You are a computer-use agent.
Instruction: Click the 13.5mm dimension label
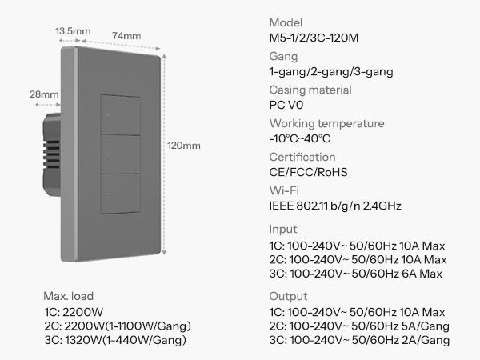tap(73, 31)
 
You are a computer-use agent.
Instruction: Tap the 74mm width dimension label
tap(126, 36)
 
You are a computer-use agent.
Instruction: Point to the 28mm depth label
tap(44, 94)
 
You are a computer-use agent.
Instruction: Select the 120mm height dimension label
tap(184, 146)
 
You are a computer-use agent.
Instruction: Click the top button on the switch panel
tap(121, 114)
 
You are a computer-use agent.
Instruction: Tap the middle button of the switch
tap(121, 154)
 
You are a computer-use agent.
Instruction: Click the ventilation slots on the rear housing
tap(52, 154)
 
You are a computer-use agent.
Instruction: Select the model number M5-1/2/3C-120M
tap(314, 38)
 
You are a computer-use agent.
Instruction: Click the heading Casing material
tap(310, 90)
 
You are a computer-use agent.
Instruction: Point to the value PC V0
tap(286, 105)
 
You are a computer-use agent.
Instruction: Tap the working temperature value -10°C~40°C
tap(300, 138)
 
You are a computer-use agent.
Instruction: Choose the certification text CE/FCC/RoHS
tap(308, 172)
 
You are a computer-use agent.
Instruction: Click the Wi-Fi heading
tap(284, 190)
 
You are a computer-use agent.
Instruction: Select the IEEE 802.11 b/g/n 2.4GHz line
tap(335, 206)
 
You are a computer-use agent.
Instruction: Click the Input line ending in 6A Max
tap(356, 274)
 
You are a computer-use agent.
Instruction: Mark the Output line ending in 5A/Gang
tap(359, 326)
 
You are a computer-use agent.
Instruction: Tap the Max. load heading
tap(69, 296)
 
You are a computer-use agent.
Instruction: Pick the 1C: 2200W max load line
tap(74, 312)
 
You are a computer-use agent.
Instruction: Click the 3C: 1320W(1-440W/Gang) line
tap(115, 340)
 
